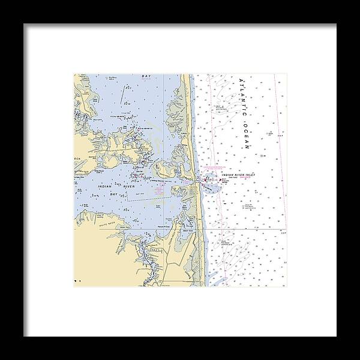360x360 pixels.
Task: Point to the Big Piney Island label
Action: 111,78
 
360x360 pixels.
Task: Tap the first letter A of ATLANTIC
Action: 241,81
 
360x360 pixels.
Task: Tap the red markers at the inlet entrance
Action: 207,179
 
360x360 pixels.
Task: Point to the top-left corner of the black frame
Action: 25,25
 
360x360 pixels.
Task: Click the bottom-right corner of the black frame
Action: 335,335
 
